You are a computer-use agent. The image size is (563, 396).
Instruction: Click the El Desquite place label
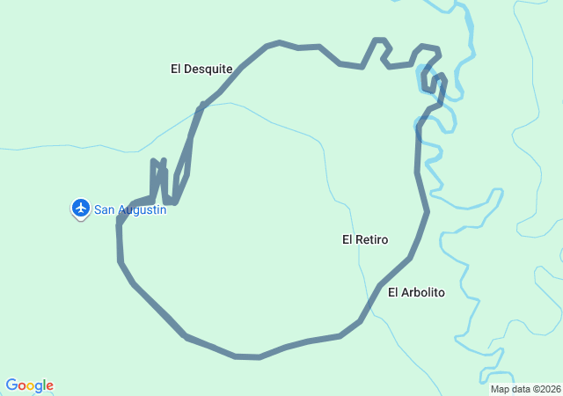(x=201, y=69)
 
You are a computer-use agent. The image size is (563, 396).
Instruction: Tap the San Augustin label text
(x=130, y=209)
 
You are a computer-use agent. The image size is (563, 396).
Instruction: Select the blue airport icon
(x=81, y=208)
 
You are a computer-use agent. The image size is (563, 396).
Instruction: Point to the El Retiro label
(x=365, y=239)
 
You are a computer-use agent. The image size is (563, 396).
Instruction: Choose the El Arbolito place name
(x=416, y=292)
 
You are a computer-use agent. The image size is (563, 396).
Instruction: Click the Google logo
(x=29, y=385)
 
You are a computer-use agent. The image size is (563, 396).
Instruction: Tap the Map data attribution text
(x=525, y=389)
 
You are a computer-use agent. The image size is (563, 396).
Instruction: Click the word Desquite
(x=209, y=69)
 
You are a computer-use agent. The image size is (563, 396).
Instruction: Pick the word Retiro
(x=373, y=239)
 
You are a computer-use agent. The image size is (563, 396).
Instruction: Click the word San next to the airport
(x=105, y=209)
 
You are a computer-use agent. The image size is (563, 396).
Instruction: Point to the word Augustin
(x=142, y=209)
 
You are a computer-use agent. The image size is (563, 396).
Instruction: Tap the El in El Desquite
(x=176, y=69)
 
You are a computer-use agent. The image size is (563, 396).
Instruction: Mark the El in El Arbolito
(x=393, y=292)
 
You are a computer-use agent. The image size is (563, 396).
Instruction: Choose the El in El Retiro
(x=347, y=239)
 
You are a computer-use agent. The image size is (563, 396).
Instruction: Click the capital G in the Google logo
(x=12, y=385)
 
